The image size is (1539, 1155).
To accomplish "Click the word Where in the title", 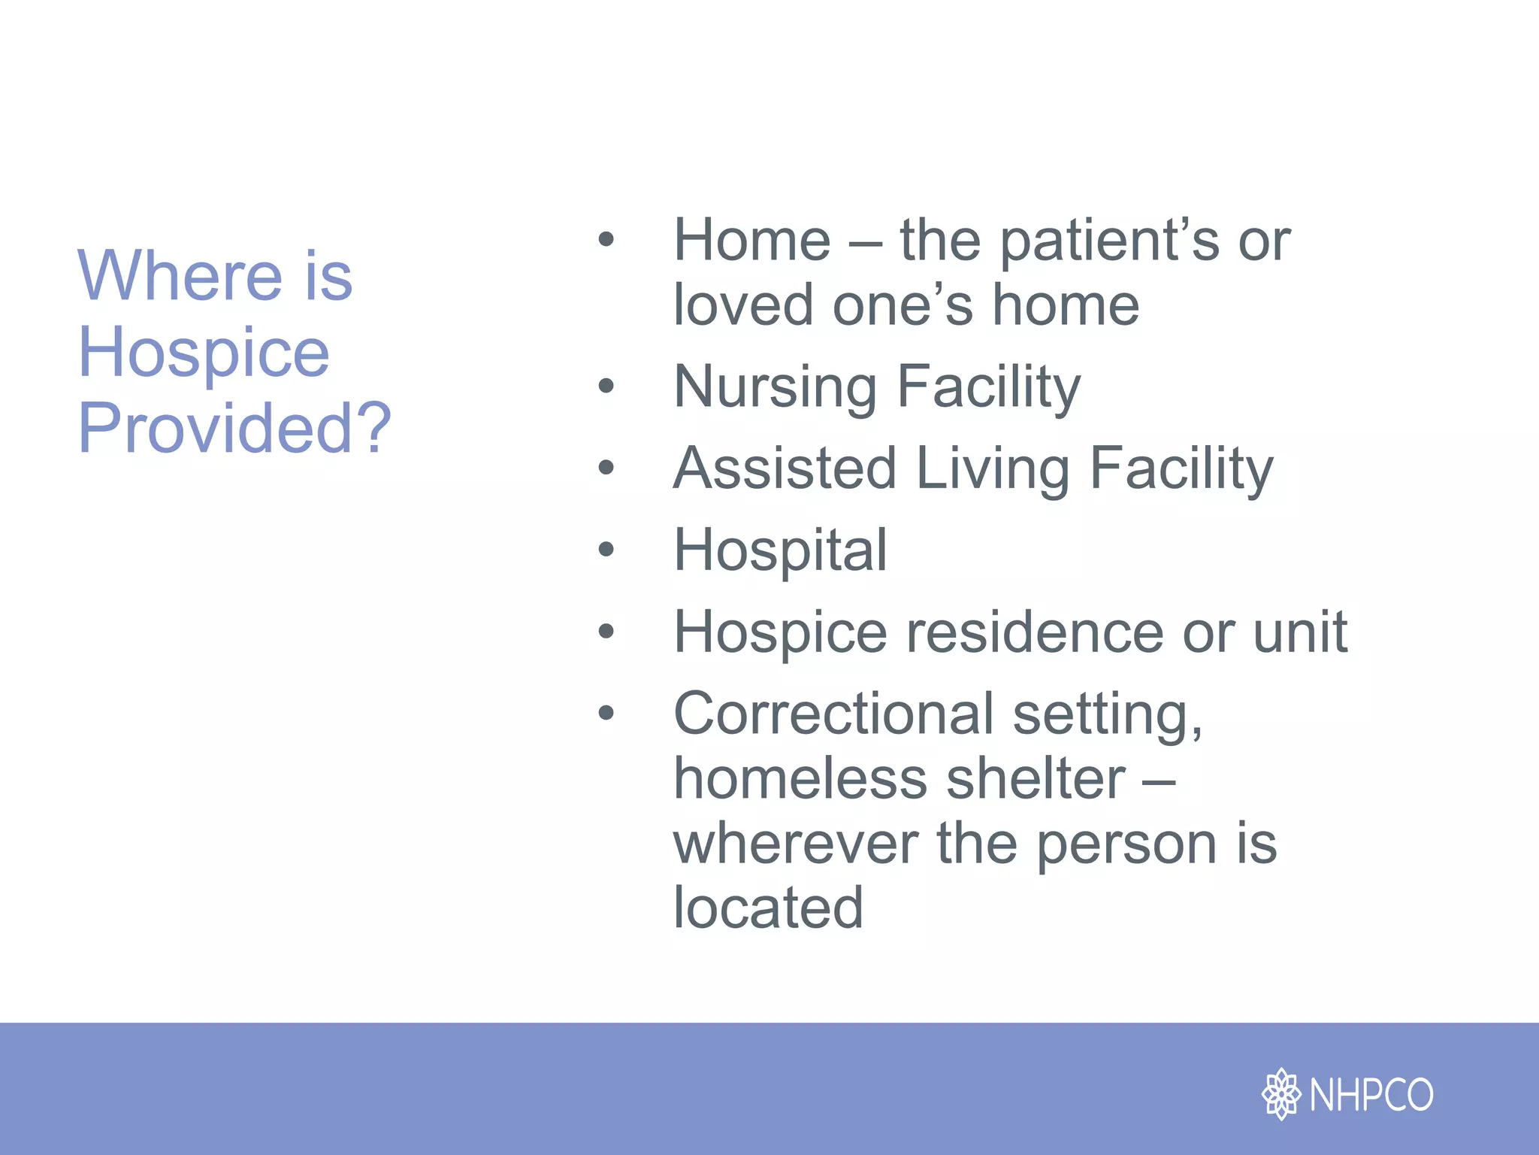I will click(180, 276).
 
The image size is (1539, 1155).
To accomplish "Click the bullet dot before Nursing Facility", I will click(606, 387).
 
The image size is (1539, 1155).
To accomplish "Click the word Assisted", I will click(785, 468).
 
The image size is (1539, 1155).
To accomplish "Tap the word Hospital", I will click(780, 550).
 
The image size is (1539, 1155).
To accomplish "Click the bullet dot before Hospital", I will click(606, 550).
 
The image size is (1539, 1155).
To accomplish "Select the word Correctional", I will click(833, 713).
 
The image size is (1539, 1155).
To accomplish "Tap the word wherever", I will click(795, 844).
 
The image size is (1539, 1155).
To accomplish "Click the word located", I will click(768, 908).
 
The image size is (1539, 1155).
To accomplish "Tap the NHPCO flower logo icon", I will click(1280, 1094).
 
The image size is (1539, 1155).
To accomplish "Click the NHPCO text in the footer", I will click(1371, 1095).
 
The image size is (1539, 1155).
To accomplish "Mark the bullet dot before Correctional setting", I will click(606, 713).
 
